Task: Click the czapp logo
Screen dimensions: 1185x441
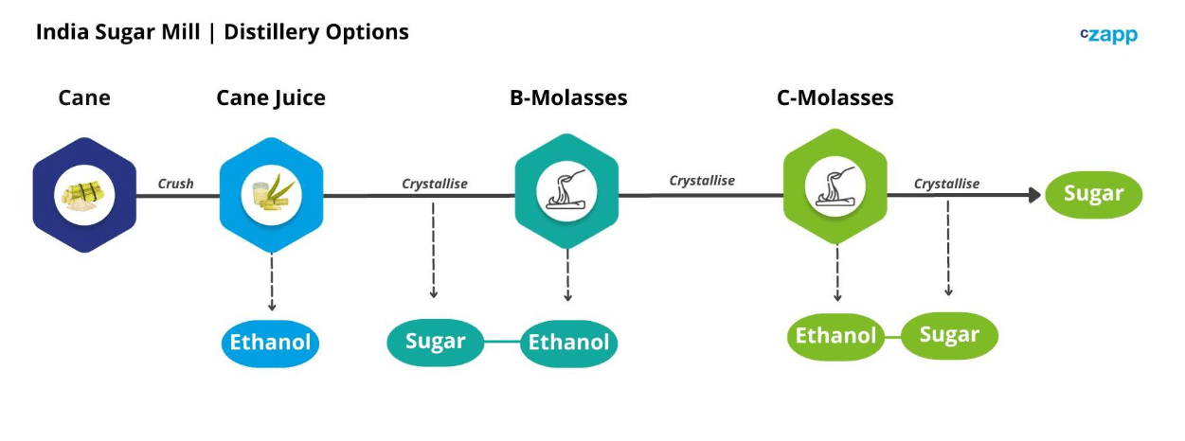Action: click(x=1108, y=35)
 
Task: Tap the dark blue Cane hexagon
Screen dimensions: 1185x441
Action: click(x=84, y=195)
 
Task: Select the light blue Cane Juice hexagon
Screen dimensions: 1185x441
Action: click(x=272, y=195)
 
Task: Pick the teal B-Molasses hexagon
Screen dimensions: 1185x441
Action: click(x=566, y=191)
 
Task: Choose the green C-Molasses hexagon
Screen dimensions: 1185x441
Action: click(x=835, y=186)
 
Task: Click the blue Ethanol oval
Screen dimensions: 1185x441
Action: click(x=270, y=343)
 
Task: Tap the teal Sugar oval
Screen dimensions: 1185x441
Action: click(x=436, y=343)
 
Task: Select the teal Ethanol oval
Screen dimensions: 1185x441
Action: click(x=568, y=344)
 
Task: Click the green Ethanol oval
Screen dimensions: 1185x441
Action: click(x=835, y=336)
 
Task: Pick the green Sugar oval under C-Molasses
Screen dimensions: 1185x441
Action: click(x=949, y=336)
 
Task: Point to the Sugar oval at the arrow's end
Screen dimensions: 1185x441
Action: click(x=1094, y=195)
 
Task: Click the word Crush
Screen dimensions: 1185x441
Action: click(x=175, y=184)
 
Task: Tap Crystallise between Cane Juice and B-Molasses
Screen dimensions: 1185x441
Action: click(x=435, y=184)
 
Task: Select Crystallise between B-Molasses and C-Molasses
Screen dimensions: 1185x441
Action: click(x=702, y=181)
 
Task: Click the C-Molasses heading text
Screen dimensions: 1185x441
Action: click(x=835, y=97)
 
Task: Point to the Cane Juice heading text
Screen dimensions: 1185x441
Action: click(x=271, y=98)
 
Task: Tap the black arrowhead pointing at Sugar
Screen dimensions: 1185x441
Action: click(x=1034, y=195)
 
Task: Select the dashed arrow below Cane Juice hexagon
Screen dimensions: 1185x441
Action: click(x=272, y=282)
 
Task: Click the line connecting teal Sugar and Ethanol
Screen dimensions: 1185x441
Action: click(x=503, y=342)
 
